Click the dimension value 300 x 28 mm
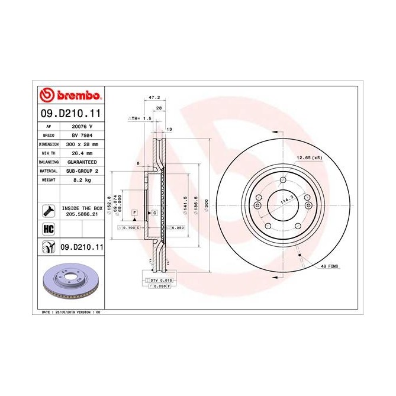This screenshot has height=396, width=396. tap(82, 144)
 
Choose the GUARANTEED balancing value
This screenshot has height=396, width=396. tap(82, 162)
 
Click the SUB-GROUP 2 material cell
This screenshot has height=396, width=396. tap(82, 170)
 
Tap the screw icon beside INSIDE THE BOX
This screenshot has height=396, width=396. tap(48, 210)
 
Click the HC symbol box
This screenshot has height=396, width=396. tap(47, 228)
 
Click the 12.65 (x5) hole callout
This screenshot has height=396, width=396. tap(310, 157)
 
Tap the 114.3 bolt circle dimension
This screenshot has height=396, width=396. tap(286, 201)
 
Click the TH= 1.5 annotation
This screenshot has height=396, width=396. tap(141, 118)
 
